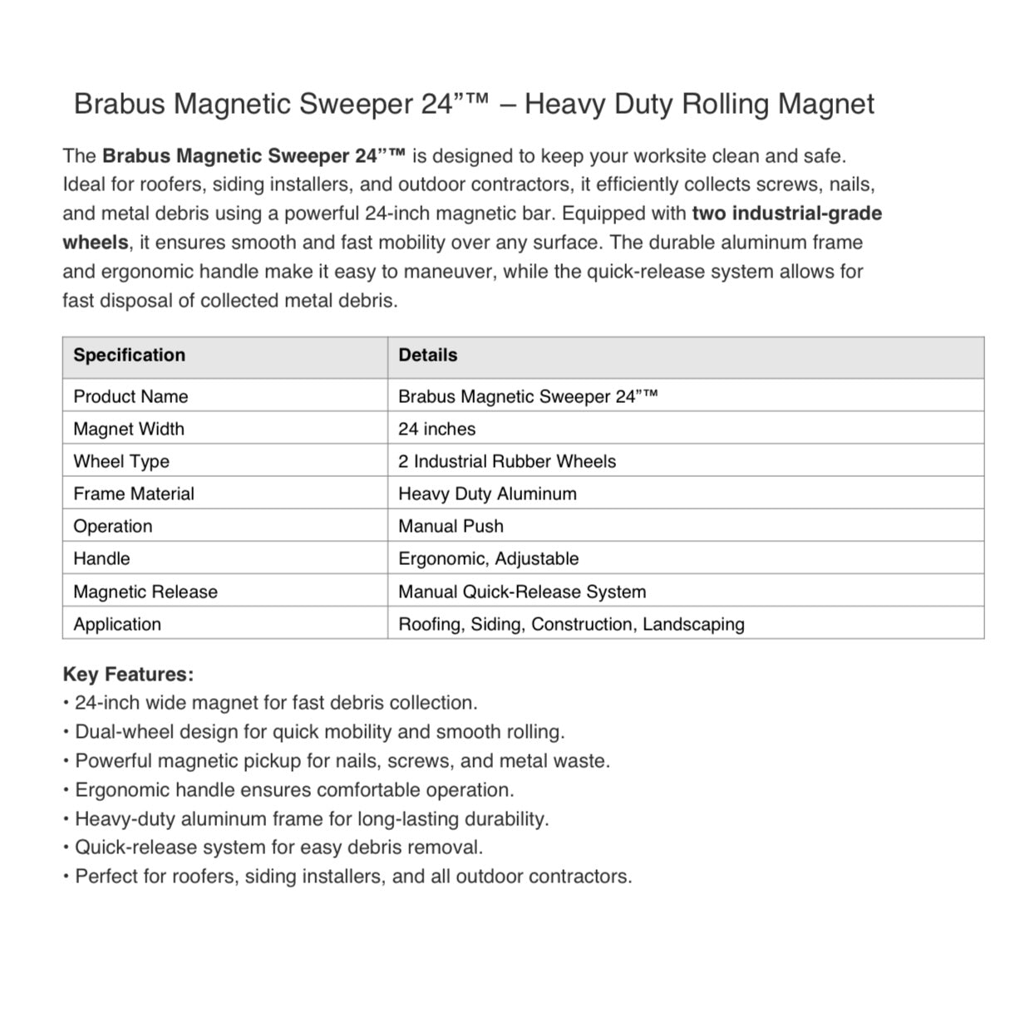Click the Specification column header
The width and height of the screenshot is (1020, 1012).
[x=129, y=356]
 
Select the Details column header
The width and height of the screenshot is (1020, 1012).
[x=427, y=356]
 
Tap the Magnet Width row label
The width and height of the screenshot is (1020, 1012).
[x=129, y=430]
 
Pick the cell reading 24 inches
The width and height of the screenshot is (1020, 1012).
[x=436, y=430]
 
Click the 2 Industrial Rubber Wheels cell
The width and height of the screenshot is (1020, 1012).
[x=507, y=462]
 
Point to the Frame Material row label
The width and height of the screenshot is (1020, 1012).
[x=133, y=494]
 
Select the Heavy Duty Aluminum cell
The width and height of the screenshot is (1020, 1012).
[x=487, y=494]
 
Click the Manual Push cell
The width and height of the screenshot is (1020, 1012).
[x=451, y=527]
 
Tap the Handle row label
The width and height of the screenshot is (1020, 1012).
[x=101, y=559]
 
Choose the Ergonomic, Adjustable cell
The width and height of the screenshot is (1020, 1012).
[x=488, y=559]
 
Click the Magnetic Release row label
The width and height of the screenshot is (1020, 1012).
[x=145, y=592]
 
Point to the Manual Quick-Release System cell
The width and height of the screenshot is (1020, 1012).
[x=522, y=592]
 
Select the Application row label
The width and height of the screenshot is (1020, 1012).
[x=117, y=625]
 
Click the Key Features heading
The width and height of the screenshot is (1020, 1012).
[x=128, y=675]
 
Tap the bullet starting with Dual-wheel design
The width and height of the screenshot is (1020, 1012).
[x=319, y=733]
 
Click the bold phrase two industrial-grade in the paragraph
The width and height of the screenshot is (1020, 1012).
[x=786, y=214]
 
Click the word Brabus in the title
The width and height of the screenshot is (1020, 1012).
[x=120, y=105]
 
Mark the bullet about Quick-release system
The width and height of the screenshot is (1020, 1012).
[x=278, y=848]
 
